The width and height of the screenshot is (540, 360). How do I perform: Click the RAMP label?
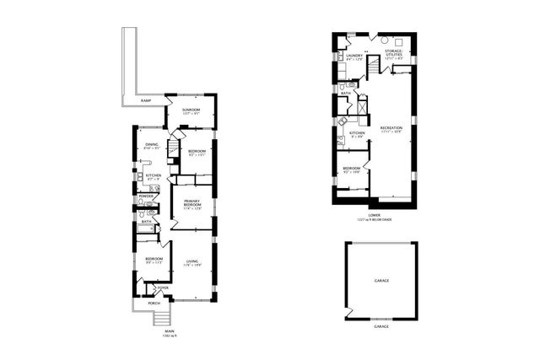pos(146,100)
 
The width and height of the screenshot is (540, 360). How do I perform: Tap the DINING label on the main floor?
pos(151,145)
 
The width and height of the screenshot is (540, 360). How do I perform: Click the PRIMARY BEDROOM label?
pos(192,203)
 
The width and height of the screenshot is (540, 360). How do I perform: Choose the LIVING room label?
pos(192,263)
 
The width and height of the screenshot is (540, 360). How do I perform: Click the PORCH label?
pos(154,303)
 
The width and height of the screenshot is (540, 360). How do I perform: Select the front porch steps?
pos(159,318)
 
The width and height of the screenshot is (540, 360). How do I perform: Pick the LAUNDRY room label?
pos(354,56)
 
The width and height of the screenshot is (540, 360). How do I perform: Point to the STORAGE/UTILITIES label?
pos(394,54)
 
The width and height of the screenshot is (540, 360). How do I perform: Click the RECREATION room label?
pos(391,128)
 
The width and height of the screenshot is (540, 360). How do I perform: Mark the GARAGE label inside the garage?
pos(381,279)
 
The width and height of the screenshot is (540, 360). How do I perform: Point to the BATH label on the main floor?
pos(146,222)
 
